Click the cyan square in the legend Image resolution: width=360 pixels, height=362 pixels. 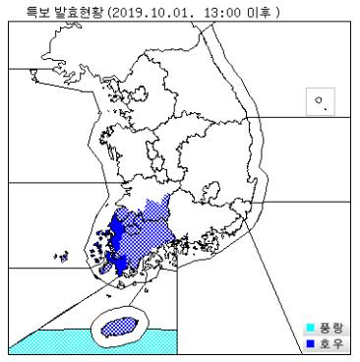[x=311, y=328]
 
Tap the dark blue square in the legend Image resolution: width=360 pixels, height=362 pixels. [x=311, y=342]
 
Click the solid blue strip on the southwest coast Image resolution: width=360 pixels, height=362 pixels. [x=116, y=241]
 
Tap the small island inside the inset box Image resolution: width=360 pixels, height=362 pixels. [x=318, y=101]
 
